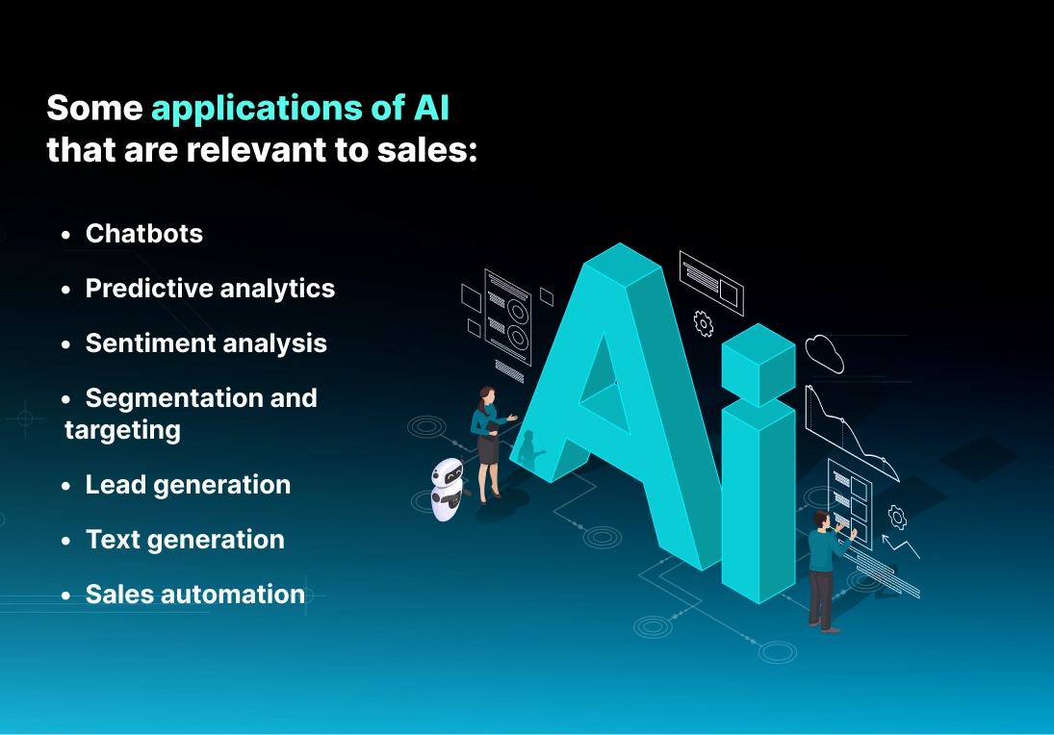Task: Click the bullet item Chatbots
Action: (x=143, y=234)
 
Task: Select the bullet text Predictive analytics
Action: (x=210, y=289)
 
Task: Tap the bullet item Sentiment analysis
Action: (x=206, y=343)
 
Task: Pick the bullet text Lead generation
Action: (x=188, y=485)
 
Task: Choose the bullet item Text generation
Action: (x=185, y=540)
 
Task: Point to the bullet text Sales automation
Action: (x=194, y=595)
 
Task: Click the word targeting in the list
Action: (x=122, y=429)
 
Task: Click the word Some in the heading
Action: (x=93, y=109)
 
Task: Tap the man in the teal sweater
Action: (x=824, y=568)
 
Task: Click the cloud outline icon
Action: (x=825, y=353)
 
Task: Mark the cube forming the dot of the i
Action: (x=758, y=364)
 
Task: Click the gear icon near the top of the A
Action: (x=704, y=324)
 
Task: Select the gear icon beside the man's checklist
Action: (x=897, y=517)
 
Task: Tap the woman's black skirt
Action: (x=488, y=448)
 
